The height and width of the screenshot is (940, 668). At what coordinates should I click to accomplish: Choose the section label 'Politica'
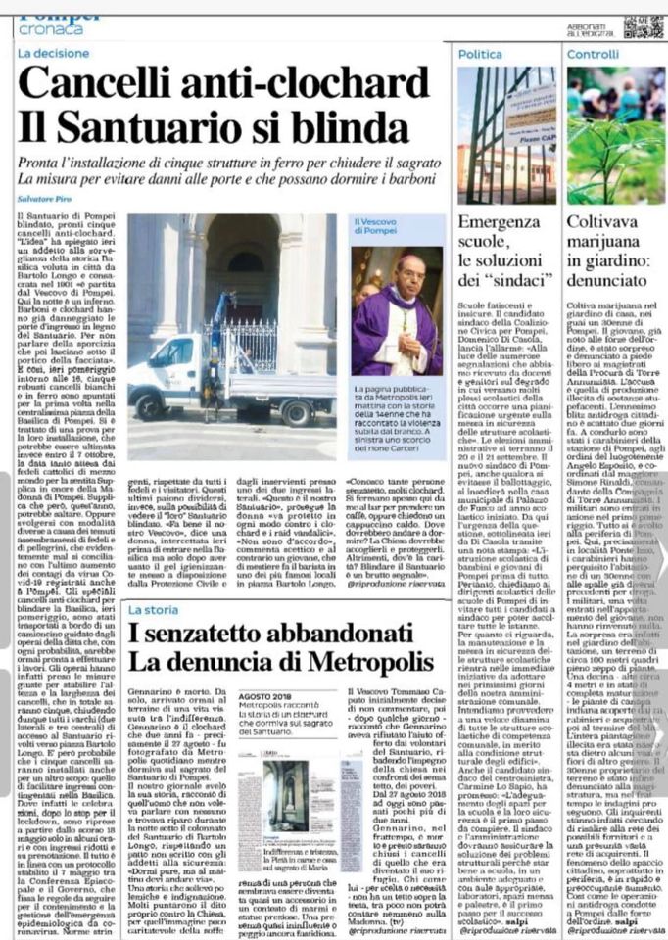481,55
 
